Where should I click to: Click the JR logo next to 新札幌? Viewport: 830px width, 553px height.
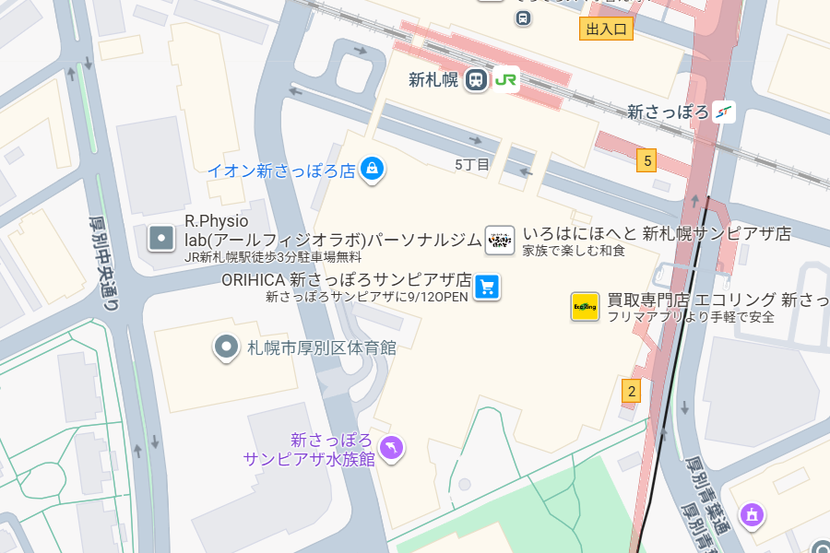505,79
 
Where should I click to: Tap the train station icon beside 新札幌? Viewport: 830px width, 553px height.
476,79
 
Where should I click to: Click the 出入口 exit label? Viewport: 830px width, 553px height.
606,29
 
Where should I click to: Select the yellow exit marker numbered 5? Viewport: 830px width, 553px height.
647,161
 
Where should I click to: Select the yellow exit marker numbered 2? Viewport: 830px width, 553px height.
631,391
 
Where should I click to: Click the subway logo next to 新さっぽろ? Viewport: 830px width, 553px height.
725,112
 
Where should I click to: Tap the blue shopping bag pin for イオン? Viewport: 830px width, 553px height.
372,168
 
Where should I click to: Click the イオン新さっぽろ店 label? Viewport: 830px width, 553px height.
280,171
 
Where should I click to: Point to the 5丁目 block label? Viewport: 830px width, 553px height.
472,164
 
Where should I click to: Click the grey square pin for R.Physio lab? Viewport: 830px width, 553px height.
161,239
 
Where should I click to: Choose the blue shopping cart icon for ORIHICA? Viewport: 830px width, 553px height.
487,288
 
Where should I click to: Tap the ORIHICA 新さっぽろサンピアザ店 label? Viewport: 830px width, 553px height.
346,280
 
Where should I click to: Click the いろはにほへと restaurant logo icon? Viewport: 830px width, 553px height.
499,240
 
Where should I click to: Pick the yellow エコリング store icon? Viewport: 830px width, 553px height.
585,307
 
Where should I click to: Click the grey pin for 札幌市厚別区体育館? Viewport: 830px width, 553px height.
226,347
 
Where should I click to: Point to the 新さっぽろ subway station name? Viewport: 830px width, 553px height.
668,112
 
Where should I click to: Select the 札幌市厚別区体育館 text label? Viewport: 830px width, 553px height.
321,347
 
